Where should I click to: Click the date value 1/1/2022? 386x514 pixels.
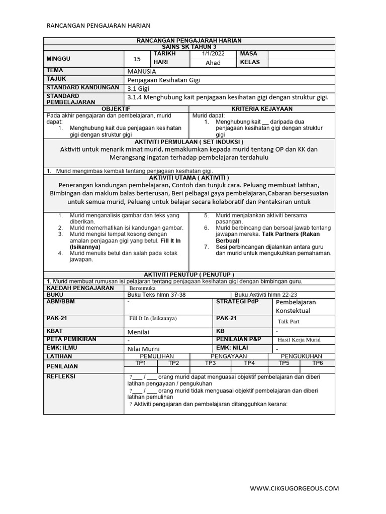pyautogui.click(x=213, y=54)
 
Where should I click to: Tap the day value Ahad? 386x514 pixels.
pyautogui.click(x=213, y=63)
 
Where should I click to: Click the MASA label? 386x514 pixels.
pyautogui.click(x=249, y=54)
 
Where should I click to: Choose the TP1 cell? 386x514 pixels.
pyautogui.click(x=141, y=363)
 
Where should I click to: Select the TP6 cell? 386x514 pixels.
pyautogui.click(x=318, y=363)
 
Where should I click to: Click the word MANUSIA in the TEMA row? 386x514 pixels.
pyautogui.click(x=142, y=71)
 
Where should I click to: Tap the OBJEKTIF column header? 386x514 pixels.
pyautogui.click(x=116, y=109)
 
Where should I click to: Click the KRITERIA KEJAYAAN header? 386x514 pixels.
pyautogui.click(x=262, y=109)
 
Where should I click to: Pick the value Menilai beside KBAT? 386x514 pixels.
pyautogui.click(x=138, y=332)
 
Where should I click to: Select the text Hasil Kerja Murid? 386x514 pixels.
pyautogui.click(x=299, y=340)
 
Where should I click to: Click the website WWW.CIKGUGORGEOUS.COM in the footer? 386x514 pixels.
pyautogui.click(x=295, y=488)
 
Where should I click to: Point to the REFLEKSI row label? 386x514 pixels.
pyautogui.click(x=61, y=376)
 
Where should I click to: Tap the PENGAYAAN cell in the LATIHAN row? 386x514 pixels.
pyautogui.click(x=225, y=356)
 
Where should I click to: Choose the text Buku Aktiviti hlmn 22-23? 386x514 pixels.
pyautogui.click(x=266, y=295)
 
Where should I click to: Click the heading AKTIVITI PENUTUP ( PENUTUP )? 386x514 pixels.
pyautogui.click(x=189, y=275)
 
